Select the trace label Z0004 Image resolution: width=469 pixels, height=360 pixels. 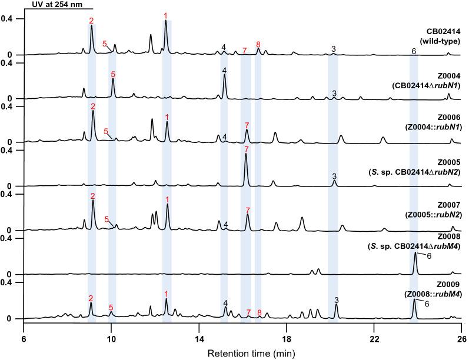(448, 76)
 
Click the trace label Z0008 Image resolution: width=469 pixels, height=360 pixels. (448, 235)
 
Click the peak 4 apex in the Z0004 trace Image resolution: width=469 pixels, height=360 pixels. (224, 76)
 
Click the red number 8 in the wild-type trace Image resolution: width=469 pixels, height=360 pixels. (258, 45)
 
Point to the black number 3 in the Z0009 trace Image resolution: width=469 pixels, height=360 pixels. (337, 299)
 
